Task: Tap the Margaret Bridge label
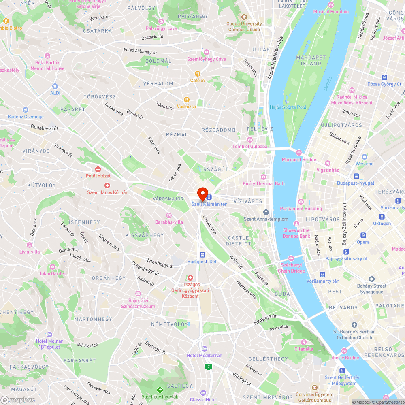(299, 160)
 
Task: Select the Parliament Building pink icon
(301, 202)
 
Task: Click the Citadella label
(304, 349)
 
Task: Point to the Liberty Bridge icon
(344, 351)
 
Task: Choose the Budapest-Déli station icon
(202, 255)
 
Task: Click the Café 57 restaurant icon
(198, 74)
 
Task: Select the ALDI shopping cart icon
(55, 86)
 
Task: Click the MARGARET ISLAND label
(311, 60)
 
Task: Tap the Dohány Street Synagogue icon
(371, 279)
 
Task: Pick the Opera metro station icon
(363, 235)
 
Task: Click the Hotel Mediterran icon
(205, 349)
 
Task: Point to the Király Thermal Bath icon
(264, 177)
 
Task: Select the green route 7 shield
(208, 367)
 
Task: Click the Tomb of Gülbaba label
(250, 146)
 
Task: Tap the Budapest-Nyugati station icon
(356, 176)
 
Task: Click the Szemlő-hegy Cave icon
(207, 52)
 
